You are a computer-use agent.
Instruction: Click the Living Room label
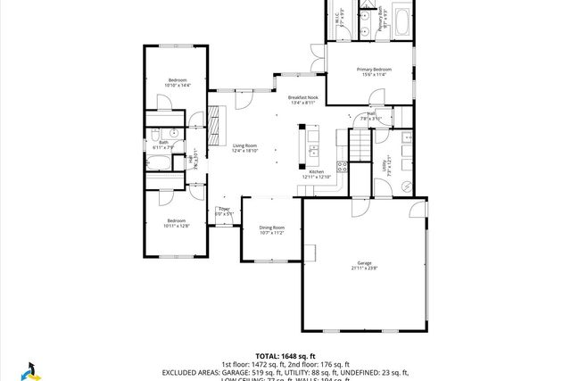coord(244,145)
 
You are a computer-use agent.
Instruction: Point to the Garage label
coord(364,263)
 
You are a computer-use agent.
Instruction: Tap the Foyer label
coord(224,209)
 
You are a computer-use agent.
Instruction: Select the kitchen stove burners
coord(341,166)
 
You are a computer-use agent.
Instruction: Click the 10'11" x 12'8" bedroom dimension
coord(176,226)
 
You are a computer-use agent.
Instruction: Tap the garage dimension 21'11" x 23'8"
coord(364,268)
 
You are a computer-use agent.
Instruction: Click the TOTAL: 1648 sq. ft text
coord(285,355)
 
